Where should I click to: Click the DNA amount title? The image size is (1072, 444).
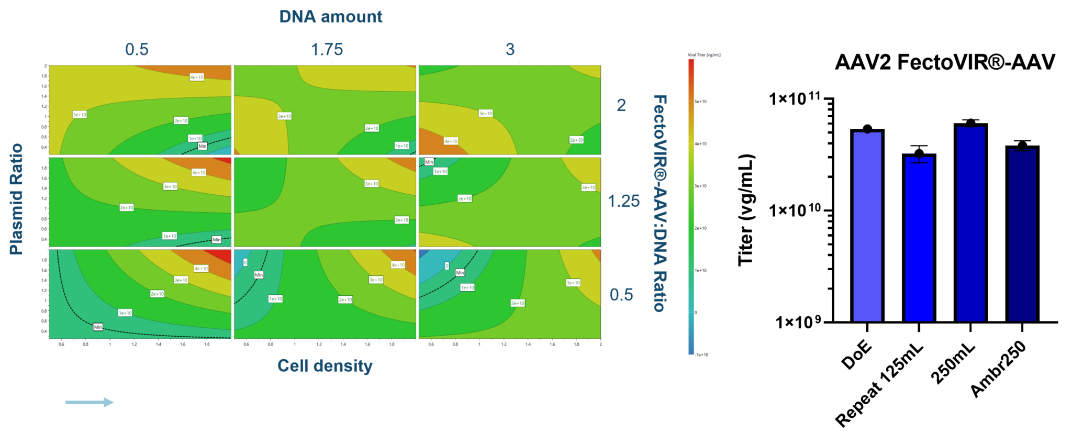click(331, 17)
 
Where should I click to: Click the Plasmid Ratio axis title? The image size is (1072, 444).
click(17, 199)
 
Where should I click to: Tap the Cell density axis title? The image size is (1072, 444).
click(325, 365)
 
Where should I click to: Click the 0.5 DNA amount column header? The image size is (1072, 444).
click(137, 49)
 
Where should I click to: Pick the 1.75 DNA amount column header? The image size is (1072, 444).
click(327, 49)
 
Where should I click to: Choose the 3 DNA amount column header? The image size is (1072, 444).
click(510, 49)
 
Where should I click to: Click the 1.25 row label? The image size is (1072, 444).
click(623, 201)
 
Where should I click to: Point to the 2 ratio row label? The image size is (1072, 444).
click(621, 105)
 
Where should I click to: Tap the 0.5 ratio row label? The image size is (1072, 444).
click(621, 295)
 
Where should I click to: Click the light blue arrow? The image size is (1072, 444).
click(90, 402)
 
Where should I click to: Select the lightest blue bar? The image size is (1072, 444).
click(867, 226)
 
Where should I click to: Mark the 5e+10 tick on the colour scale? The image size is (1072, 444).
click(700, 102)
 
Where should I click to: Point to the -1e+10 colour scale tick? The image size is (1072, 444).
click(701, 354)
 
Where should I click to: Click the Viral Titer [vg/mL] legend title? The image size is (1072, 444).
click(704, 54)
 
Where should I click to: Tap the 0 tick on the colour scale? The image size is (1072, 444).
click(696, 313)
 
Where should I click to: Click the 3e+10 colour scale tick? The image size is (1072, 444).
click(700, 186)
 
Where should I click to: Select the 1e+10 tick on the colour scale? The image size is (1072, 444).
click(700, 270)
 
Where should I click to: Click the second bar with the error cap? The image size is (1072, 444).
click(919, 239)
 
